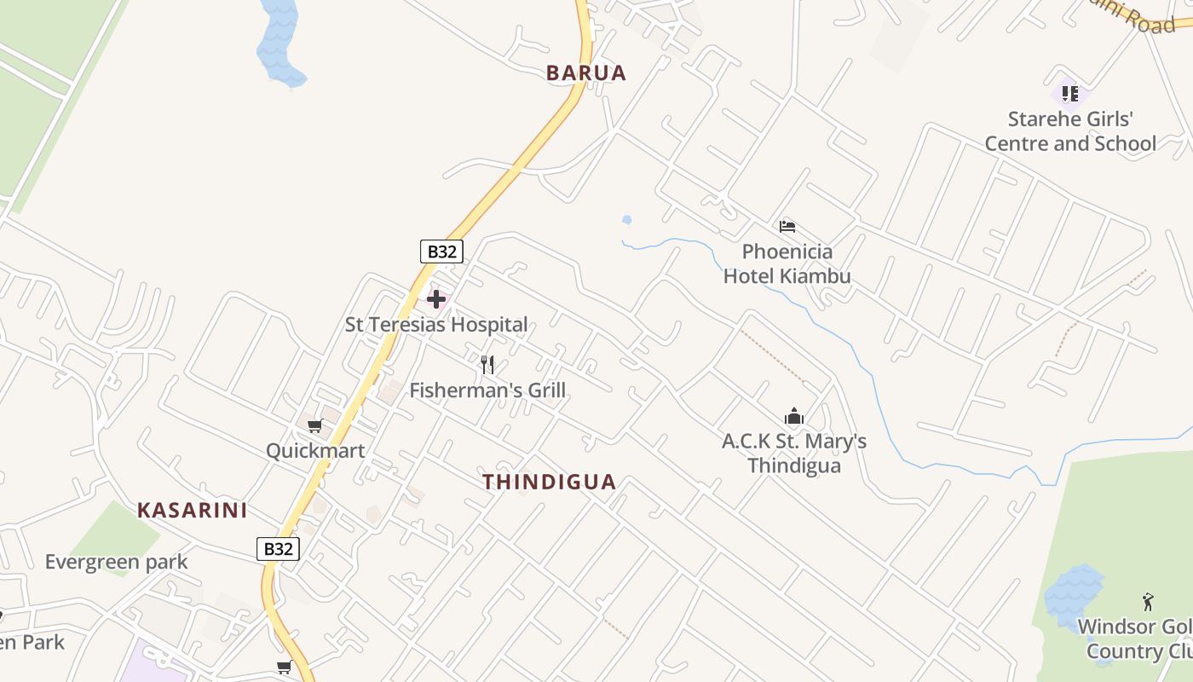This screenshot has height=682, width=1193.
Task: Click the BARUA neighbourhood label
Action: [586, 73]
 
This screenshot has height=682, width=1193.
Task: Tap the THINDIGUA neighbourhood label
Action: [550, 483]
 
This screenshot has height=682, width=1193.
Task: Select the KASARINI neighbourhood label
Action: [193, 511]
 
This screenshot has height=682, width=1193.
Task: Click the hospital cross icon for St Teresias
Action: [436, 299]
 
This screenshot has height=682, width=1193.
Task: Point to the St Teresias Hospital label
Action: [436, 325]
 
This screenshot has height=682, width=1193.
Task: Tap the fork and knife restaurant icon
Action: [487, 365]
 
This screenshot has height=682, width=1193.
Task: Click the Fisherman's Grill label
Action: [487, 390]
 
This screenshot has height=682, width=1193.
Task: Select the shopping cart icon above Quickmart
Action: [315, 425]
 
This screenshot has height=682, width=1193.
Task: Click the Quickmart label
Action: [315, 451]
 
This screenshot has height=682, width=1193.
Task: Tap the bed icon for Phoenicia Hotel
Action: [787, 227]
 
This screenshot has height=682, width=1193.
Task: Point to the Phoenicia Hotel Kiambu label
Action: [787, 263]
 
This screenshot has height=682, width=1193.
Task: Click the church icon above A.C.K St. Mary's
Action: [794, 417]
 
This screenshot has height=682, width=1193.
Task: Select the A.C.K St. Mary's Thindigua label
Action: [794, 454]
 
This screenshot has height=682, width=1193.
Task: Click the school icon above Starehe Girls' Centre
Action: [1070, 93]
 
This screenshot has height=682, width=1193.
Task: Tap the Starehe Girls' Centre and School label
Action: [1070, 131]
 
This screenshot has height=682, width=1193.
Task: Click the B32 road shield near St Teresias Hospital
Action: [441, 251]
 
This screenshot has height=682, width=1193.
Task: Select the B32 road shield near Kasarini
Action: [278, 549]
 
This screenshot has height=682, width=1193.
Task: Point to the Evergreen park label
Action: [116, 562]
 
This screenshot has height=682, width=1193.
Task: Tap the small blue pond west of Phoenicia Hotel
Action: [627, 220]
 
